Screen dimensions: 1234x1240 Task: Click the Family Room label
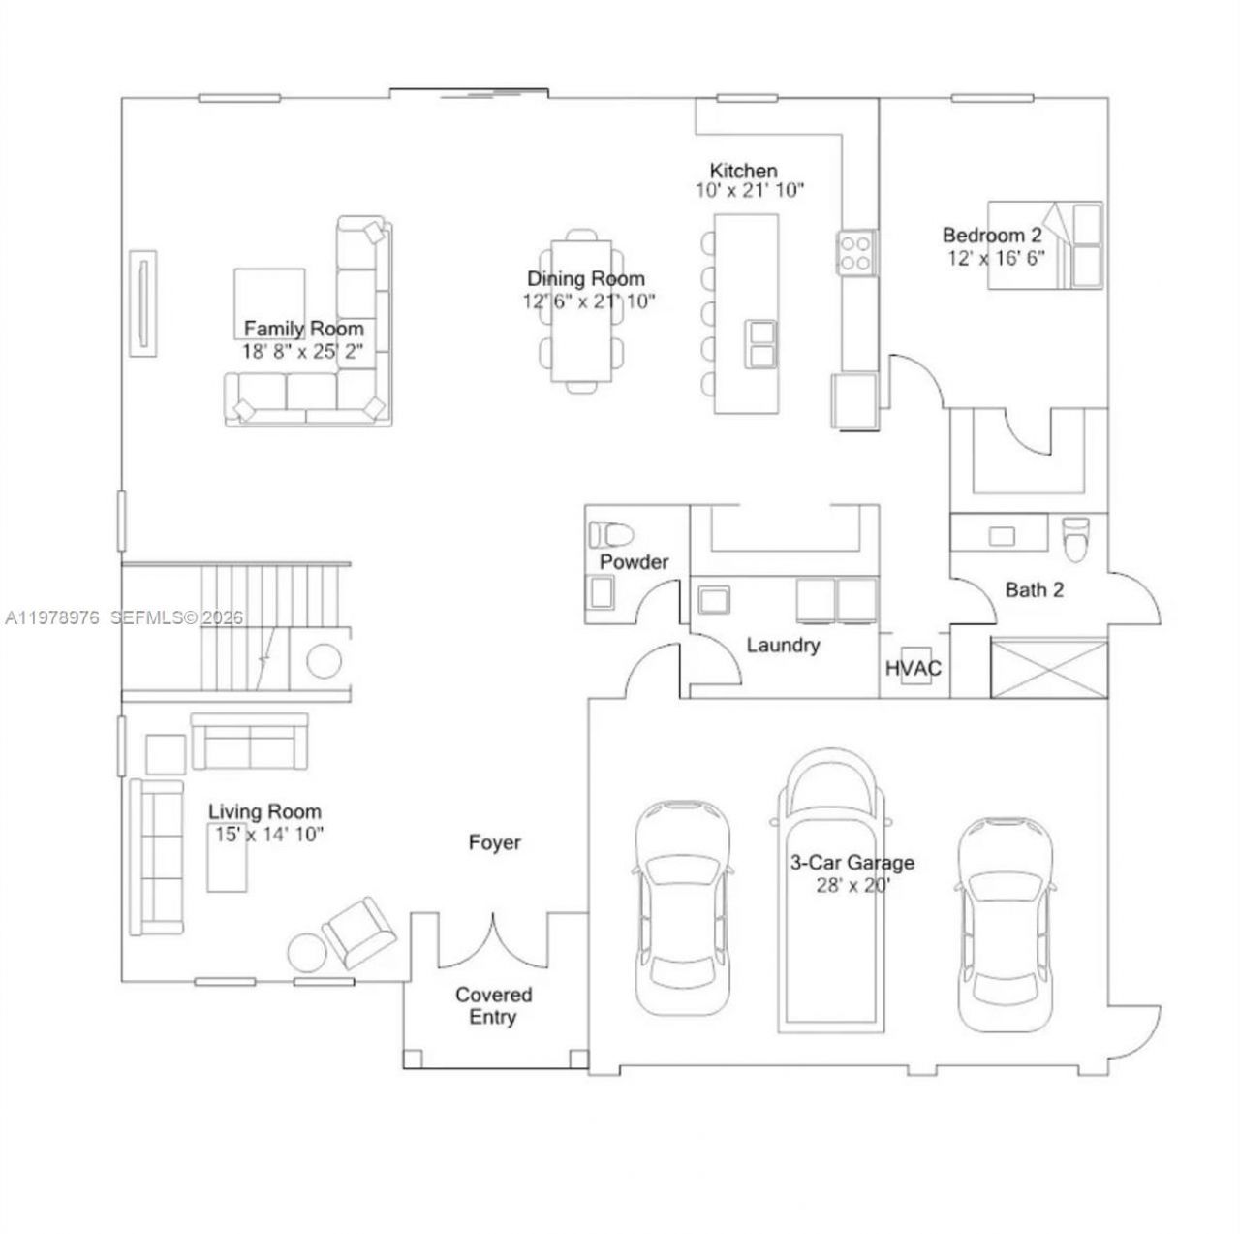click(303, 329)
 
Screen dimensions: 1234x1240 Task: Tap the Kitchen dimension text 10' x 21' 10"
click(750, 191)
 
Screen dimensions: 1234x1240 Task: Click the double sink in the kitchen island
click(761, 344)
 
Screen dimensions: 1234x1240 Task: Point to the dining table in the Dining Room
click(583, 310)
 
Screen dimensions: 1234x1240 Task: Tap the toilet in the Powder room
click(611, 534)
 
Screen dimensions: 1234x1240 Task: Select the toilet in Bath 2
click(1075, 538)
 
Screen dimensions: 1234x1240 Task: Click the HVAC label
click(914, 669)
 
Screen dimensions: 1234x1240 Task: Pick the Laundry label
click(783, 646)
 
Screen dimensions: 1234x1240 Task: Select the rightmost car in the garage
click(1005, 926)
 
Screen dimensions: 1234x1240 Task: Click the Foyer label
click(494, 843)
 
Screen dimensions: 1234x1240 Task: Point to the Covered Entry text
click(493, 1006)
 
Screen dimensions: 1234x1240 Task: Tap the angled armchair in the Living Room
click(358, 932)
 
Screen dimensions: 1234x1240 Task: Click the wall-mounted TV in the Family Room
click(144, 303)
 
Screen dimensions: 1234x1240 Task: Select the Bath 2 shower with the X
click(1048, 668)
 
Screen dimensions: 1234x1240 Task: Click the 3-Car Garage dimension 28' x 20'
click(852, 885)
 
